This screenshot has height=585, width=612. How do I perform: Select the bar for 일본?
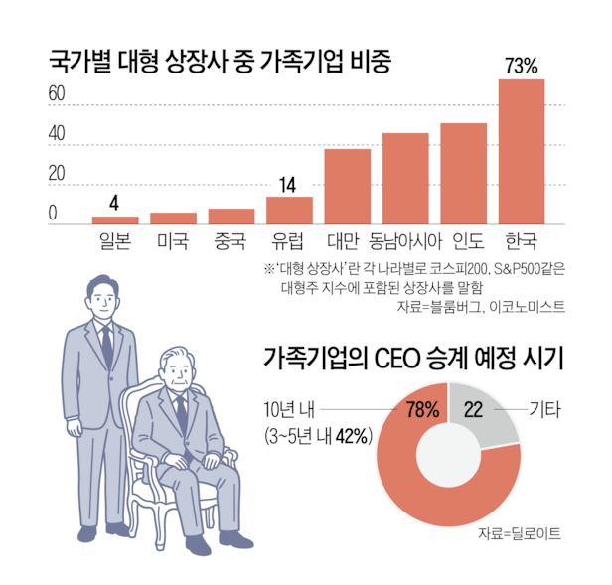pyautogui.click(x=115, y=219)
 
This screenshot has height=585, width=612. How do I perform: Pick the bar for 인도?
pyautogui.click(x=463, y=173)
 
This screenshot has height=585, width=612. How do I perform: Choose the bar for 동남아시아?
pyautogui.click(x=405, y=178)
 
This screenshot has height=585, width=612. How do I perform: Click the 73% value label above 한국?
pyautogui.click(x=522, y=67)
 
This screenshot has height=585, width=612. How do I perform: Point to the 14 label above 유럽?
pyautogui.click(x=289, y=185)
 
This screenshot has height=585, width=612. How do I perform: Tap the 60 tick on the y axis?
pyautogui.click(x=58, y=95)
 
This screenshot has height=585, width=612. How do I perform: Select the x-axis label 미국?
pyautogui.click(x=173, y=240)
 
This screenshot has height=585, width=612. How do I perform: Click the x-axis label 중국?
pyautogui.click(x=230, y=240)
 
